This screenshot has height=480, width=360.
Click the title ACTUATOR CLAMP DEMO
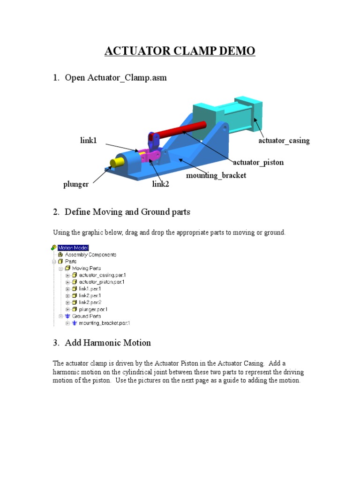coord(180,51)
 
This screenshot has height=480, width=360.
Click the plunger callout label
coord(76,184)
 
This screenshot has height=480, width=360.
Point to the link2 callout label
coord(160,184)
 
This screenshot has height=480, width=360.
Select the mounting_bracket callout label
coord(216,175)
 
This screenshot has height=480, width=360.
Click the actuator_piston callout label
coord(258,163)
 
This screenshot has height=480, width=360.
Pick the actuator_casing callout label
coord(284,141)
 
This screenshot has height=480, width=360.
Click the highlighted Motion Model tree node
coord(73,247)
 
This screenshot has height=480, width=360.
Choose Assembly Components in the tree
coord(90,255)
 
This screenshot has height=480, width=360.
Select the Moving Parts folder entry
coord(86,268)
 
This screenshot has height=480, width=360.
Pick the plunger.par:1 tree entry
coord(93,309)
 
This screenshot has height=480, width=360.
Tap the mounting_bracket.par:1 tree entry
coord(105,323)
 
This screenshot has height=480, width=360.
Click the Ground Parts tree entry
coord(86,316)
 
